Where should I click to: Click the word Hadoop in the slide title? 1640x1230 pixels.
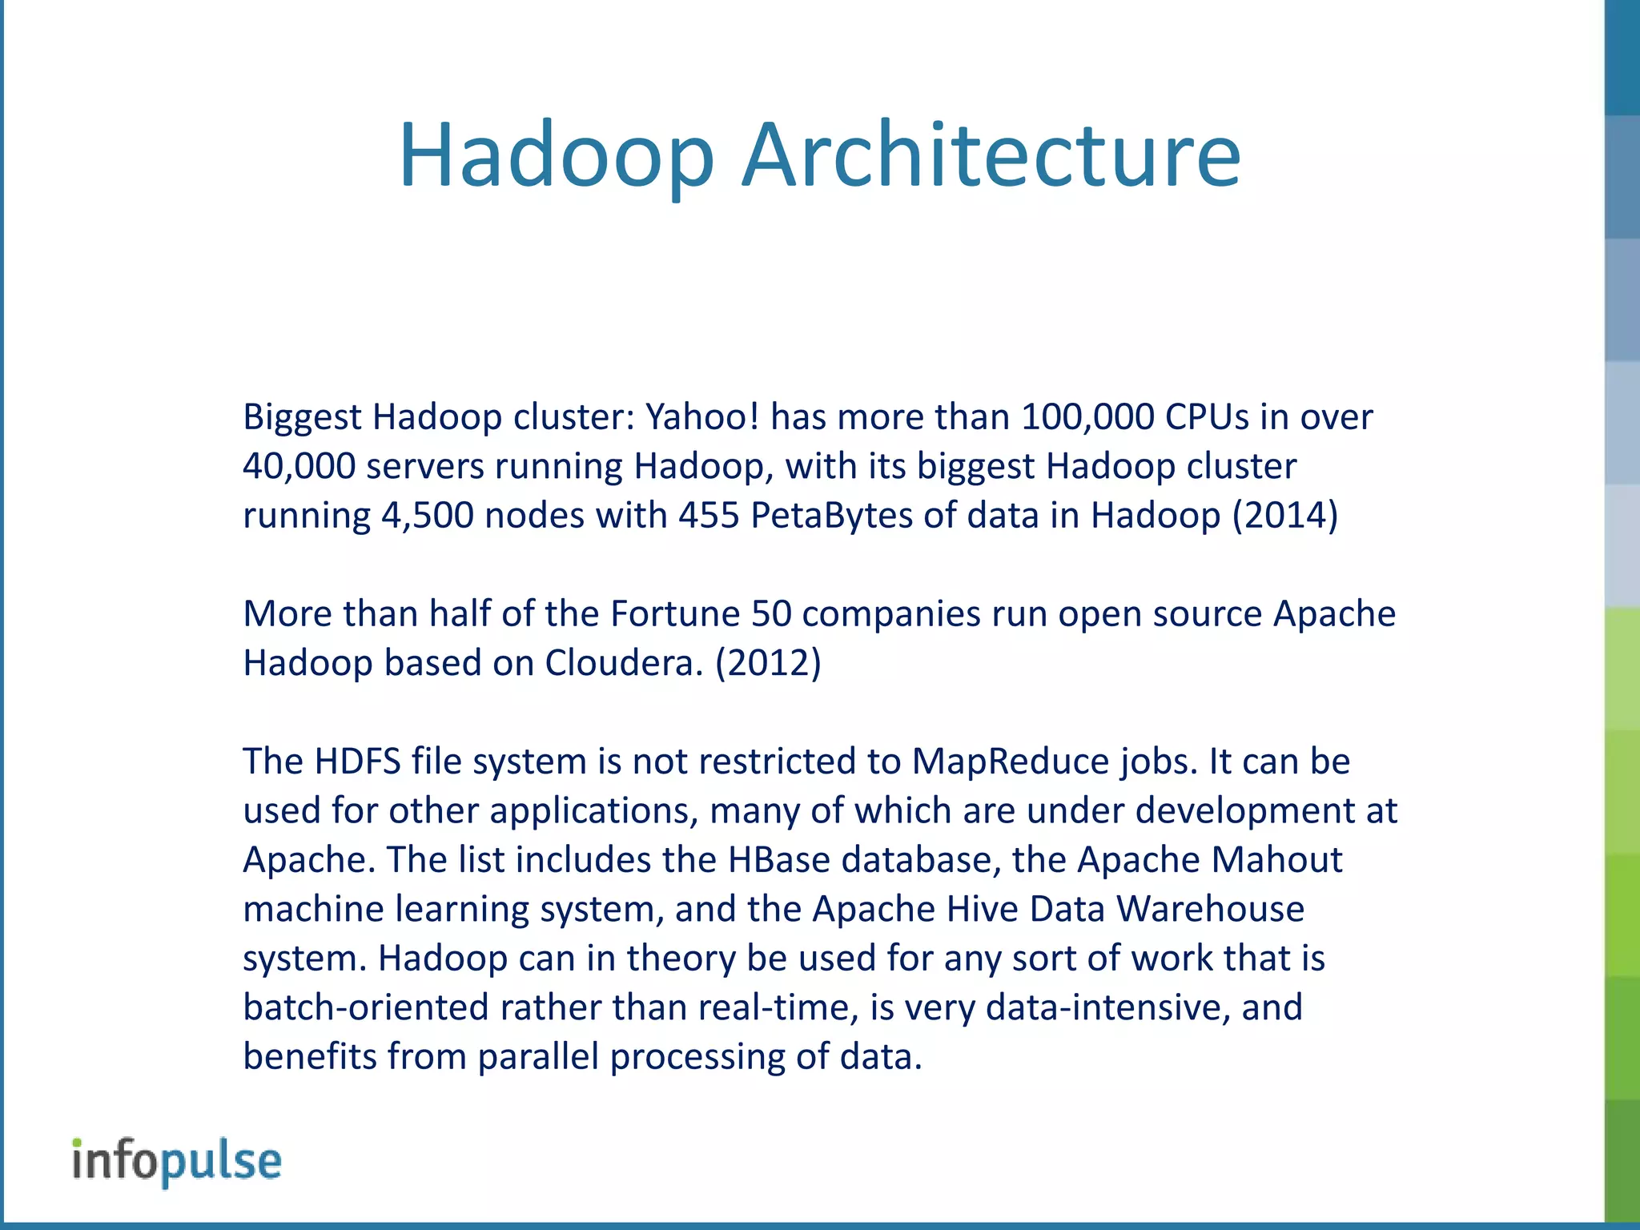pos(556,155)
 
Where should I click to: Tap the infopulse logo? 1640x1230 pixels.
pos(177,1161)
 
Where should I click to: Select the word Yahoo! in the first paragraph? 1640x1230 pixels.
pos(701,417)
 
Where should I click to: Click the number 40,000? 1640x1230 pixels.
pos(299,467)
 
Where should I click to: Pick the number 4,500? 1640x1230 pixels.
pos(427,516)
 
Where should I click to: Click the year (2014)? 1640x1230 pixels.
pos(1285,516)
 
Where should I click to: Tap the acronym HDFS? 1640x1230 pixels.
pos(357,762)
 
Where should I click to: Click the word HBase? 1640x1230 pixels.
pos(779,860)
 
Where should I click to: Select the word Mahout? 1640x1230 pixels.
pos(1276,860)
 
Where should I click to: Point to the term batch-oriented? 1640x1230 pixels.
pos(365,1007)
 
